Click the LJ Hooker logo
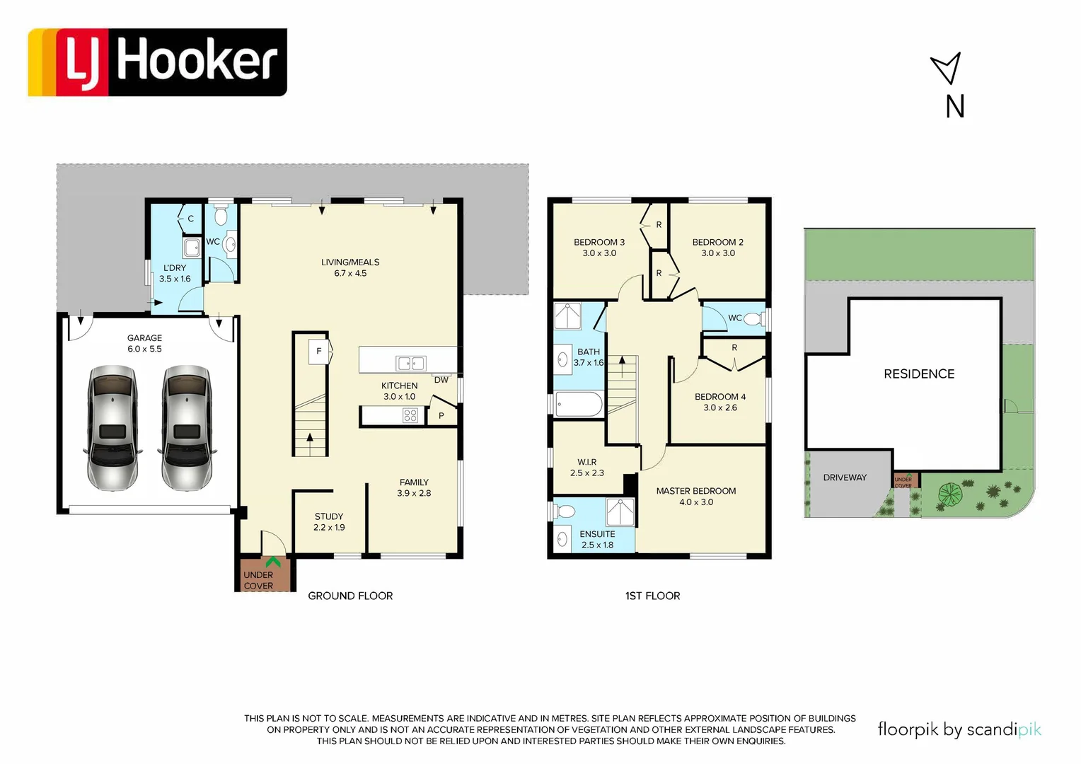(157, 62)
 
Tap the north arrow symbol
(947, 69)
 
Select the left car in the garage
(112, 428)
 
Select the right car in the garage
(187, 428)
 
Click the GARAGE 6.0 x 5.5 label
(144, 343)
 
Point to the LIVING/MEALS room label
(350, 267)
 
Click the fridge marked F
(319, 352)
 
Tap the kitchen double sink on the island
(411, 364)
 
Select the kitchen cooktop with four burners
(410, 416)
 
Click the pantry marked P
(441, 416)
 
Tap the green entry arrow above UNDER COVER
(272, 562)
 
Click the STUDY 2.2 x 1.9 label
(329, 522)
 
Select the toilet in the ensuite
(565, 511)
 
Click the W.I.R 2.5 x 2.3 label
(587, 468)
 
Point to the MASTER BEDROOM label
(695, 496)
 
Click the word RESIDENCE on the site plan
(919, 374)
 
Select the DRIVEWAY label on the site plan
(845, 477)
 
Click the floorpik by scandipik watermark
(959, 729)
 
